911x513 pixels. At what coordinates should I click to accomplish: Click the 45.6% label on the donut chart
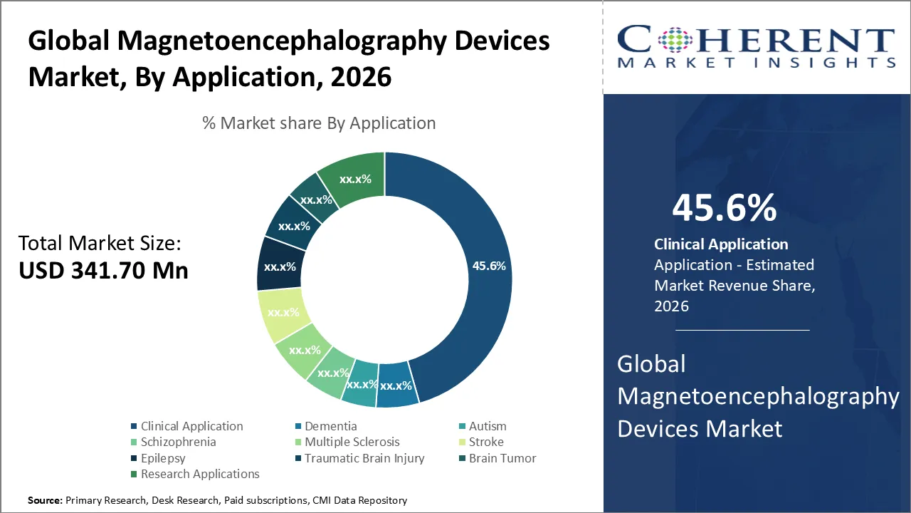488,266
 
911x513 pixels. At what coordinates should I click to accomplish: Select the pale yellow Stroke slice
283,312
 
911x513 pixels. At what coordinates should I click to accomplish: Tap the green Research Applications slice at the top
354,179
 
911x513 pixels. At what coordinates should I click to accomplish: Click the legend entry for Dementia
330,426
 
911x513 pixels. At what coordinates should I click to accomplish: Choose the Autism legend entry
487,426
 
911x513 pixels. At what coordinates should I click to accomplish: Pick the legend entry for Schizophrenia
178,442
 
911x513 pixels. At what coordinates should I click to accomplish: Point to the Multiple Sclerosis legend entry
352,442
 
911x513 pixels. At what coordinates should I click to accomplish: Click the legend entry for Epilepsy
163,458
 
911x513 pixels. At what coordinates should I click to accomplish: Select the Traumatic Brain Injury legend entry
364,458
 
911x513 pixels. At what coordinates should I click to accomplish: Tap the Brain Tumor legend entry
502,458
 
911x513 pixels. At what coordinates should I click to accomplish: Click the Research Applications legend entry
199,474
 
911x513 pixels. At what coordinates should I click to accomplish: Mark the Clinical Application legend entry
191,426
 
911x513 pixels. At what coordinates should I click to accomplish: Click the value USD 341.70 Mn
103,271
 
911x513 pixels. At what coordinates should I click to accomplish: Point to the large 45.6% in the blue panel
724,208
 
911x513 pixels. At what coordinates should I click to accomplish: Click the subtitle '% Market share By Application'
319,123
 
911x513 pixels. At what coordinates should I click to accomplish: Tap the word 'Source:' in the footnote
45,500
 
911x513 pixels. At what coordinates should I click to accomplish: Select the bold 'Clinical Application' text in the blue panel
721,244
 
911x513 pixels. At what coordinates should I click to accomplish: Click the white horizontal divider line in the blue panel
742,331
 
